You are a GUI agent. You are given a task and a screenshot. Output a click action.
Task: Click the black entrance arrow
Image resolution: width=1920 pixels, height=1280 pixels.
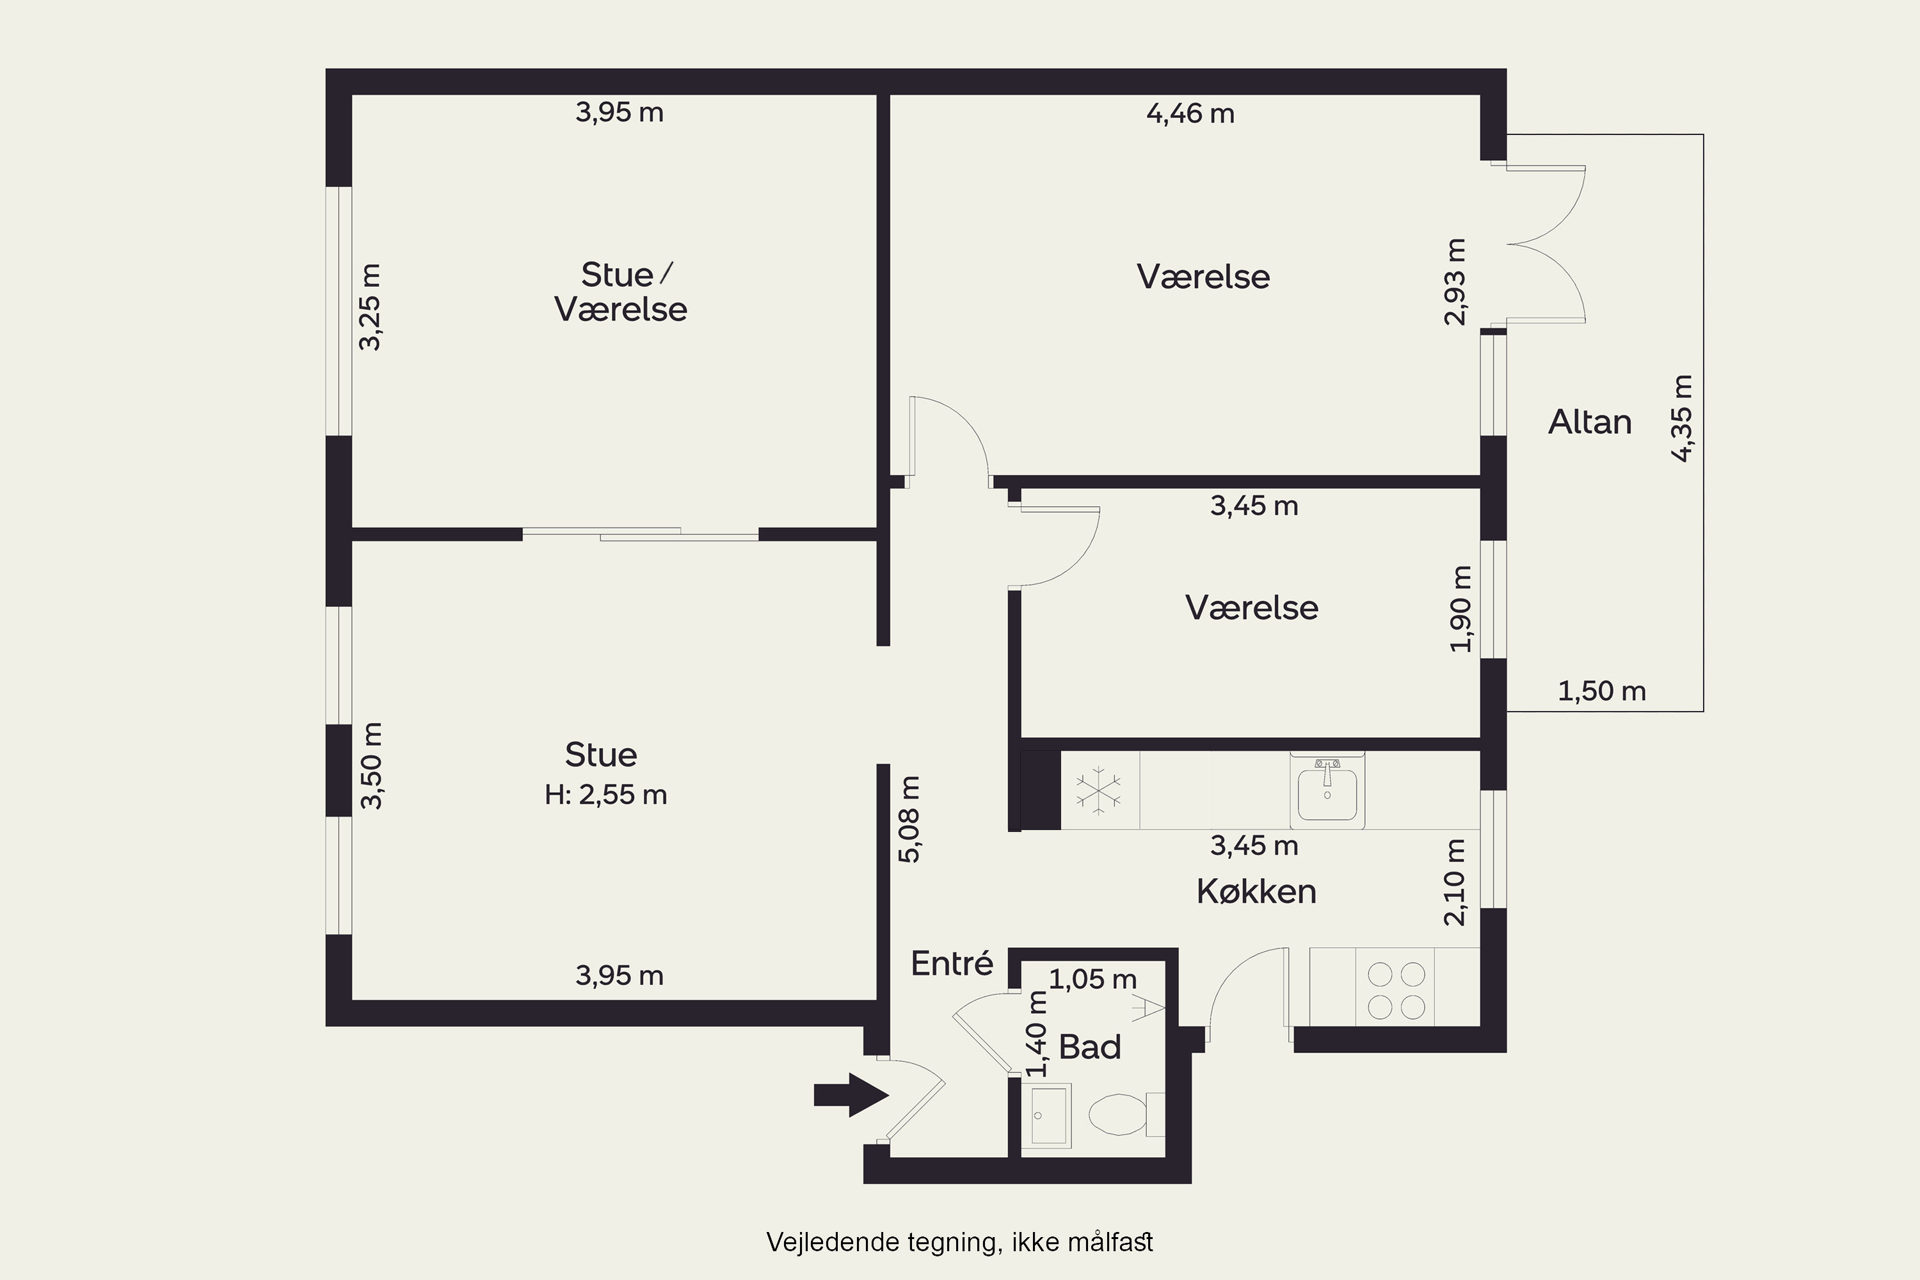click(x=851, y=1094)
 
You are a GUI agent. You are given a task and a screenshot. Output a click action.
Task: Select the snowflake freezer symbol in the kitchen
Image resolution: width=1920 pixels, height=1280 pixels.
click(x=1099, y=790)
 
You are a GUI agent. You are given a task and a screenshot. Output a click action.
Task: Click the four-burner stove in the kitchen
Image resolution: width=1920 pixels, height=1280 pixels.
click(x=1396, y=990)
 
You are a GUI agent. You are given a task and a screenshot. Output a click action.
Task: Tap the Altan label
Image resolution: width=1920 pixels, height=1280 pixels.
click(x=1589, y=422)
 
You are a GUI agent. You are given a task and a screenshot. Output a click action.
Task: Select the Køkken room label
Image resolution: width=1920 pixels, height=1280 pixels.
click(x=1256, y=892)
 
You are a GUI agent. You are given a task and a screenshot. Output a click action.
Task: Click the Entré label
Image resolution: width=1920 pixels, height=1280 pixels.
click(x=952, y=963)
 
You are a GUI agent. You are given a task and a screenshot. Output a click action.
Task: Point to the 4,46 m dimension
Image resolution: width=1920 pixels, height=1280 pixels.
click(x=1190, y=113)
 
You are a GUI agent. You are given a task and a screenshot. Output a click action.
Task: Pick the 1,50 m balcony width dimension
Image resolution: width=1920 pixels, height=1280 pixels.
click(x=1602, y=691)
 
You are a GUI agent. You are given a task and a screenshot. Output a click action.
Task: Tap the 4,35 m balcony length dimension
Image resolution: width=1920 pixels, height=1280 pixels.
click(x=1683, y=418)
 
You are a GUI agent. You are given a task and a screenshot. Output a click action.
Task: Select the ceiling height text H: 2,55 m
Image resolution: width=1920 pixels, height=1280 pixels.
click(x=605, y=794)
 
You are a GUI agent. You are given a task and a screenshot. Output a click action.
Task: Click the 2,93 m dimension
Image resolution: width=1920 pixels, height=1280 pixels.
click(x=1455, y=282)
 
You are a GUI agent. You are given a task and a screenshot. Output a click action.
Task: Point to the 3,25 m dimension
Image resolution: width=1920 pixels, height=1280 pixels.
click(x=370, y=307)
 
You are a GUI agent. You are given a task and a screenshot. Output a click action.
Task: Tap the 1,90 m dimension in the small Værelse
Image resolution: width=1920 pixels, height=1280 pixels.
click(x=1460, y=609)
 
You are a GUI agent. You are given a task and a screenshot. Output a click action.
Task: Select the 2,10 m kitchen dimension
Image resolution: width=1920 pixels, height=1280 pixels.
click(x=1455, y=883)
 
